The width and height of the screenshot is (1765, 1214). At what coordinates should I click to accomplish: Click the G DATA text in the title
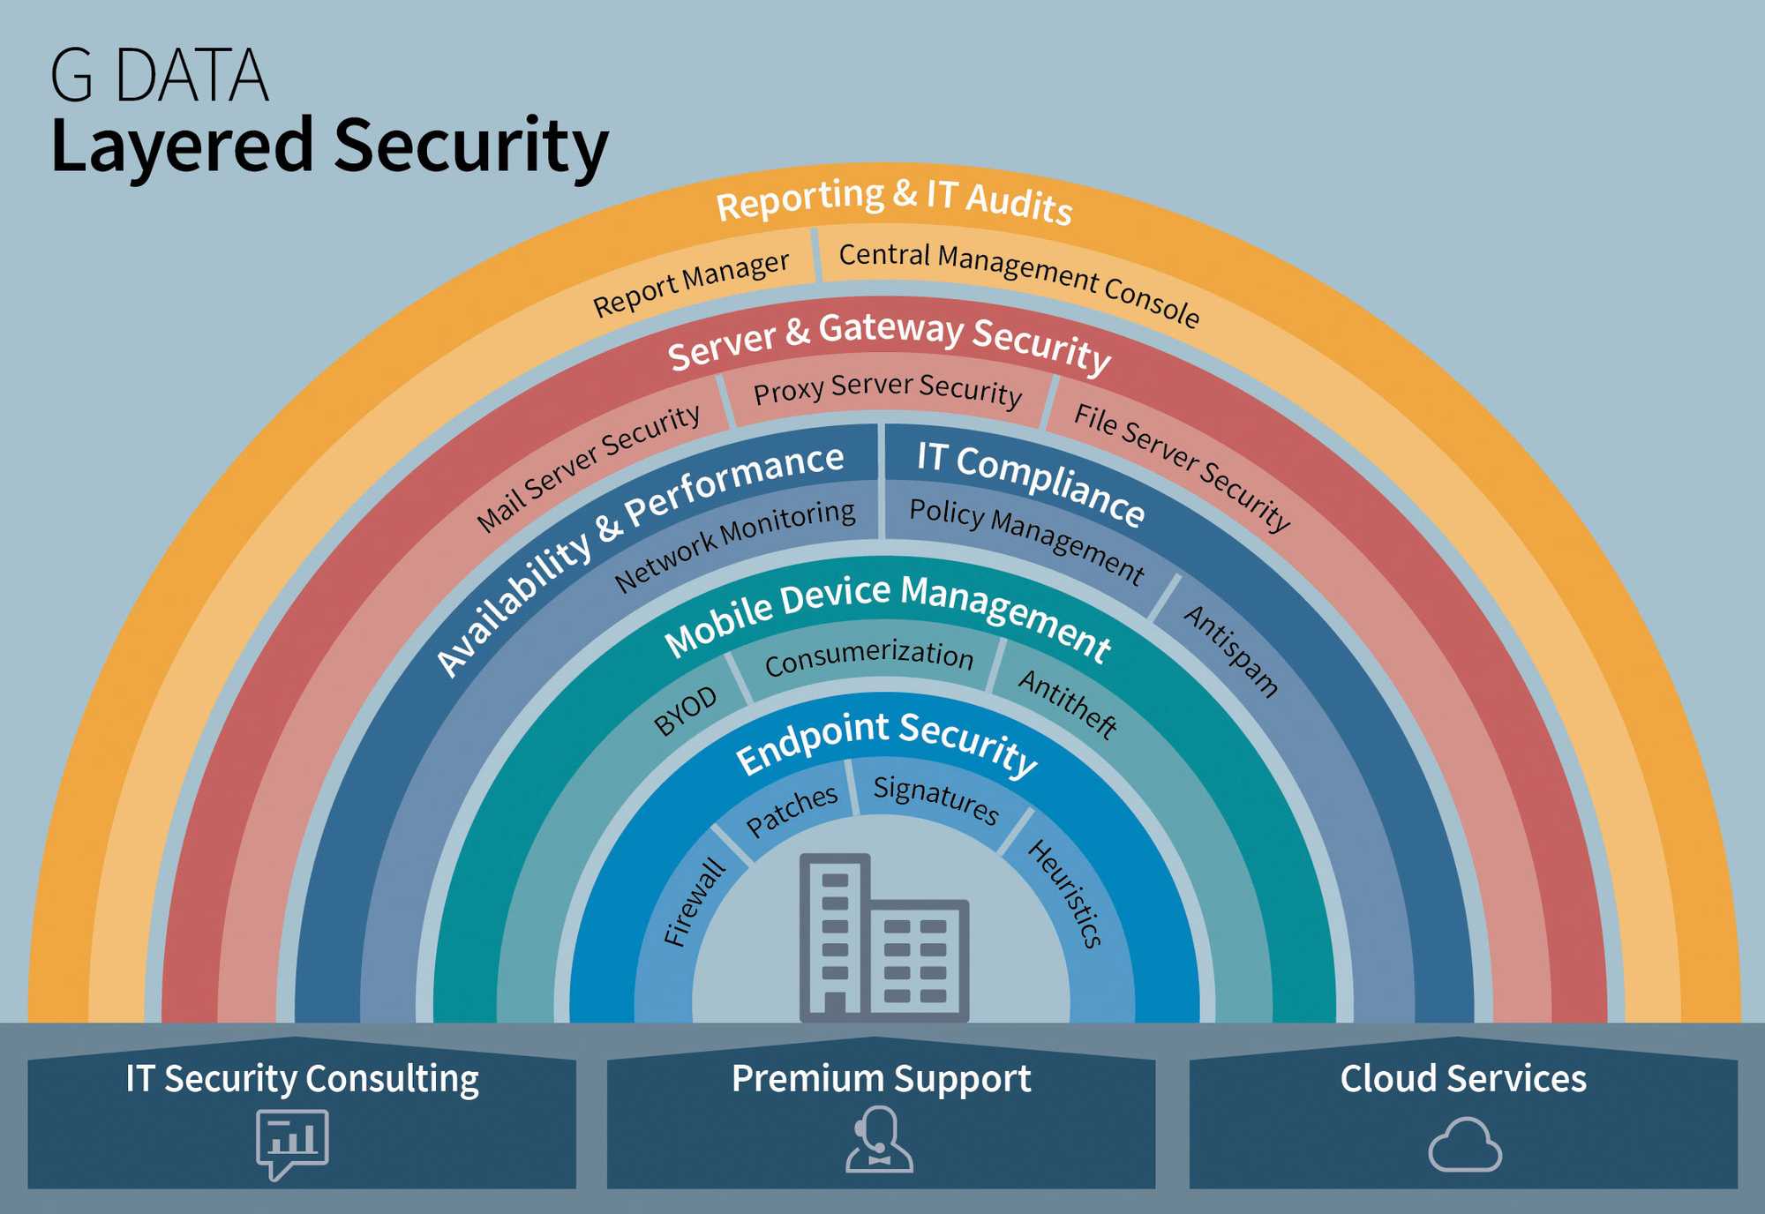point(160,76)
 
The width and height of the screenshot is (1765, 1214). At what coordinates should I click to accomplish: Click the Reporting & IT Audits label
point(894,199)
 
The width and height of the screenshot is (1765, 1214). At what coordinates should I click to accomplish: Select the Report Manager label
point(691,283)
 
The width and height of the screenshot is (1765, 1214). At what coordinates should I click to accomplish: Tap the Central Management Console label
point(1019,283)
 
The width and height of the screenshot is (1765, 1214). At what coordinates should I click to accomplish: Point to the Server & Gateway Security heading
point(889,341)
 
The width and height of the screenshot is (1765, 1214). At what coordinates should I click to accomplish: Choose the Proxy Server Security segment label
point(888,389)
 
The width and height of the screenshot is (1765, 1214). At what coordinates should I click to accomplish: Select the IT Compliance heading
point(1031,483)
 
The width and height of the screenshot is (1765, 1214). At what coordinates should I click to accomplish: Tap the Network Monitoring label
point(734,545)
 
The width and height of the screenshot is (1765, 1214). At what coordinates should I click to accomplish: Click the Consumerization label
point(869,657)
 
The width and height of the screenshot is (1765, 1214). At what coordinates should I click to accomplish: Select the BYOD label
point(686,711)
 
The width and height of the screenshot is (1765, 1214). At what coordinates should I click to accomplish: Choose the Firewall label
point(695,902)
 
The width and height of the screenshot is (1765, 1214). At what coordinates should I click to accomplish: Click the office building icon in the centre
point(883,938)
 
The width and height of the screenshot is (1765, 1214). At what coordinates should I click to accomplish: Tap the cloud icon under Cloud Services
point(1465,1144)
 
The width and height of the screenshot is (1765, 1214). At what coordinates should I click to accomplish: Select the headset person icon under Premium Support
point(879,1140)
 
